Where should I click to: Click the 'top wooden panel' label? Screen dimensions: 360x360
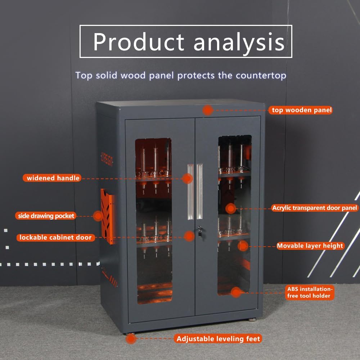pos(300,110)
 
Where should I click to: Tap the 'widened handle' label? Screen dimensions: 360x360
pos(53,178)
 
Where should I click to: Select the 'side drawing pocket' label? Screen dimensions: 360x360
pos(46,216)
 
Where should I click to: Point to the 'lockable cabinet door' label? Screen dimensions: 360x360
pos(56,238)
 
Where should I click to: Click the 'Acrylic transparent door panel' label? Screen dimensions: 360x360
pos(315,208)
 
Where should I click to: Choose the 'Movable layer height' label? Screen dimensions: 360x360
pos(310,246)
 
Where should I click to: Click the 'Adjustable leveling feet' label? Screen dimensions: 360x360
pos(218,339)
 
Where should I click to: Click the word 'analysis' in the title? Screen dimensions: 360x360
pos(239,42)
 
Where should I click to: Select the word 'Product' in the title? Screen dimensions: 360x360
pos(139,42)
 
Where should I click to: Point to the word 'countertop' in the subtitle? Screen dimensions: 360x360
pos(261,76)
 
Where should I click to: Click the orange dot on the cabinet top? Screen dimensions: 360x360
pos(207,110)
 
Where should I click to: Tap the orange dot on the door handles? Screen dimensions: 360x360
pos(187,178)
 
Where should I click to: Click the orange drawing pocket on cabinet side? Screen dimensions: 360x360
pos(108,216)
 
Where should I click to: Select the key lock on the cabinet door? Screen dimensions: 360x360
pos(199,230)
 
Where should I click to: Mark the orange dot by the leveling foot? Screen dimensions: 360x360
pos(131,339)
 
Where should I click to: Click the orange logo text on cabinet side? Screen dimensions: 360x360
pos(107,158)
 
